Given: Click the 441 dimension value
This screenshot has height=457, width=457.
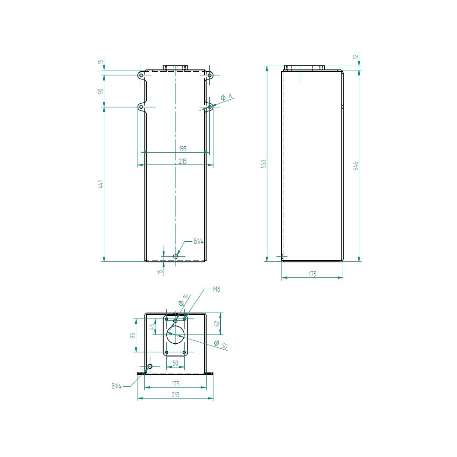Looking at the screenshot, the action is click(x=101, y=184).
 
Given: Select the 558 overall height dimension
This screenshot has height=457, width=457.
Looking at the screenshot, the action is click(x=264, y=164).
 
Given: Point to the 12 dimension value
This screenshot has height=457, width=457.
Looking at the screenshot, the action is click(x=355, y=56).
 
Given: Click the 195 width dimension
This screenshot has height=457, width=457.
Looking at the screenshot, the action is click(x=182, y=149).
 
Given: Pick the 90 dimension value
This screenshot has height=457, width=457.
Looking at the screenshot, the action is click(x=101, y=91).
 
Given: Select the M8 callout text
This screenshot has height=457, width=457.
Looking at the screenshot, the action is click(x=216, y=289).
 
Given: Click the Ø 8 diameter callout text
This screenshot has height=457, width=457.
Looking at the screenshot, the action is click(x=227, y=97).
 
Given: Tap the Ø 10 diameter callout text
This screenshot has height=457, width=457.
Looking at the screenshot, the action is click(x=184, y=299).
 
